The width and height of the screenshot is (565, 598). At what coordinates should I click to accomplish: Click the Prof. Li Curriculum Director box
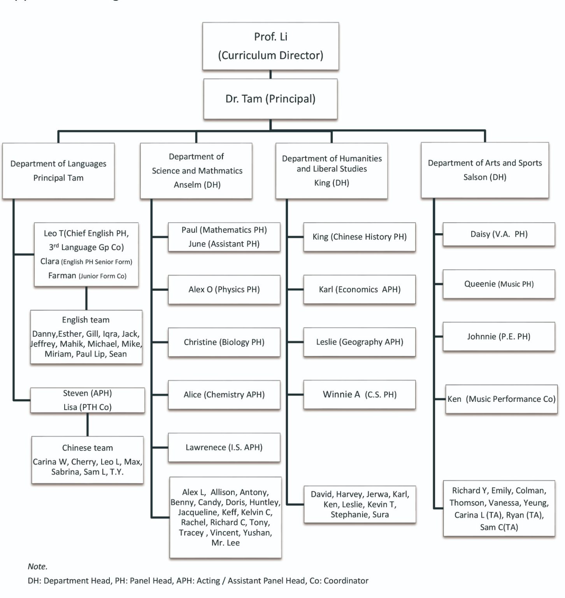pyautogui.click(x=270, y=46)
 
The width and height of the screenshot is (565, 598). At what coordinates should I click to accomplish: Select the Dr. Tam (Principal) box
pyautogui.click(x=270, y=99)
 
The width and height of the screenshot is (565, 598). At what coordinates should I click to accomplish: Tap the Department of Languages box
pyautogui.click(x=58, y=171)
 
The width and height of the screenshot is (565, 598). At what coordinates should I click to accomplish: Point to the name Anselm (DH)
pyautogui.click(x=197, y=185)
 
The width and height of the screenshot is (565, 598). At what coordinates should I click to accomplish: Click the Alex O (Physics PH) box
pyautogui.click(x=224, y=290)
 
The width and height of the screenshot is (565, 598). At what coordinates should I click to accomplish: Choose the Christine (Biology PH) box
pyautogui.click(x=224, y=342)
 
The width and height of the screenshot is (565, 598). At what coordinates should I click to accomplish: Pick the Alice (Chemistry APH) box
pyautogui.click(x=224, y=395)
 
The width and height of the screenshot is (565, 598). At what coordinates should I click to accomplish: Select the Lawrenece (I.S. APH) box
pyautogui.click(x=224, y=447)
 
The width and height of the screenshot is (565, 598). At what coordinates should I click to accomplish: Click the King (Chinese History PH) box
pyautogui.click(x=360, y=237)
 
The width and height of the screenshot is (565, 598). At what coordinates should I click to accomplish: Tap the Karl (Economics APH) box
pyautogui.click(x=360, y=290)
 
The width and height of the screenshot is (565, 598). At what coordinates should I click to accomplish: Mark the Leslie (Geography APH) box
pyautogui.click(x=360, y=342)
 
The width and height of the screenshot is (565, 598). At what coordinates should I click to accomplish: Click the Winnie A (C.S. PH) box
pyautogui.click(x=360, y=395)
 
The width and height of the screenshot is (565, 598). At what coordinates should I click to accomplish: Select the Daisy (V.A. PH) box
pyautogui.click(x=499, y=234)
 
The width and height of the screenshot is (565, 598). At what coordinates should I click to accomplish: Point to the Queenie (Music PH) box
pyautogui.click(x=499, y=284)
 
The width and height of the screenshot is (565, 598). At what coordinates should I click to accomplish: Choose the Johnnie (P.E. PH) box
pyautogui.click(x=499, y=337)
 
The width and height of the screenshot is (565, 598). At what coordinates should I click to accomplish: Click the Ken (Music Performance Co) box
pyautogui.click(x=501, y=399)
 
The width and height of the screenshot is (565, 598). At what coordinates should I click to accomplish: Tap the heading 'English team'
pyautogui.click(x=86, y=320)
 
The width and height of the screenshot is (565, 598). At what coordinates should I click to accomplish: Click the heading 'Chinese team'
pyautogui.click(x=88, y=448)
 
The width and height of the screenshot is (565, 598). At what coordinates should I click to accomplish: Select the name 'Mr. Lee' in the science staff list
pyautogui.click(x=225, y=543)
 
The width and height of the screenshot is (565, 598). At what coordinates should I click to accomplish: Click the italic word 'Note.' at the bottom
pyautogui.click(x=37, y=566)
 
